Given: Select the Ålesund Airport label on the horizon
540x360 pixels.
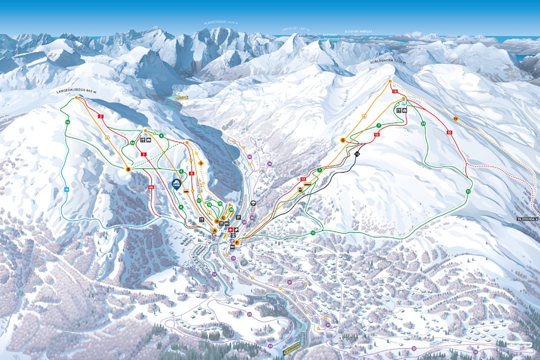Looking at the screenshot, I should click(358, 31).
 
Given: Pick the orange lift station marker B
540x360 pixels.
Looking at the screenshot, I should click(128, 169).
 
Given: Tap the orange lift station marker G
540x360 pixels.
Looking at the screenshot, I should click(343, 140).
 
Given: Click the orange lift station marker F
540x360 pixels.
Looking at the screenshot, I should click(237, 243).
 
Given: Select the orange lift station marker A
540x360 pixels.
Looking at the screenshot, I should click(214, 230).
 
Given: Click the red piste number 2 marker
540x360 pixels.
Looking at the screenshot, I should click(101, 116).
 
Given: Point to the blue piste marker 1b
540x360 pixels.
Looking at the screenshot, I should click(66, 189).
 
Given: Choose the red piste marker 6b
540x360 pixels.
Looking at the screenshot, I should click(151, 187).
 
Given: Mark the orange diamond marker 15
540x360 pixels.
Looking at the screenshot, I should click(455, 118).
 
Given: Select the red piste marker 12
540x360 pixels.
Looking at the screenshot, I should click(303, 178).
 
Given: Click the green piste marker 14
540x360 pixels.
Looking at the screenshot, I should click(423, 123).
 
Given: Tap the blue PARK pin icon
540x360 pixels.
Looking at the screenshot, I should click(176, 184).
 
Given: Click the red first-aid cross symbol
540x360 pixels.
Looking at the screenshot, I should click(230, 229).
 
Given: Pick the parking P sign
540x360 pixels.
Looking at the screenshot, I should click(238, 217).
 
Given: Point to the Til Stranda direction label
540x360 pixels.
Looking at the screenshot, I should click(528, 219).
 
